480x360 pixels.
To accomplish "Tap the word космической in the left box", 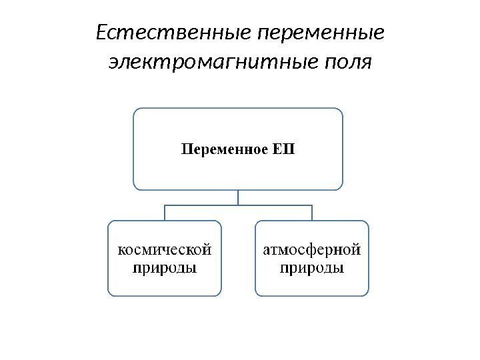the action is point(165,251).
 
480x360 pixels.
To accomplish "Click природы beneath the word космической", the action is point(165,269).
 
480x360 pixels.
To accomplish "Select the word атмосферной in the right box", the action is point(312,251).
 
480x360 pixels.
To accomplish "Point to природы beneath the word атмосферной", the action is point(312,269).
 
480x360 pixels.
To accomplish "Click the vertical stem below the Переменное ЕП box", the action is point(238,197).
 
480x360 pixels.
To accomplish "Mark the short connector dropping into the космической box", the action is point(165,213).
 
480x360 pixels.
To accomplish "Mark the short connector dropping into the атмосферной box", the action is point(312,213).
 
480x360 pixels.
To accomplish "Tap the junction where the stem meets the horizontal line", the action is point(238,205).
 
